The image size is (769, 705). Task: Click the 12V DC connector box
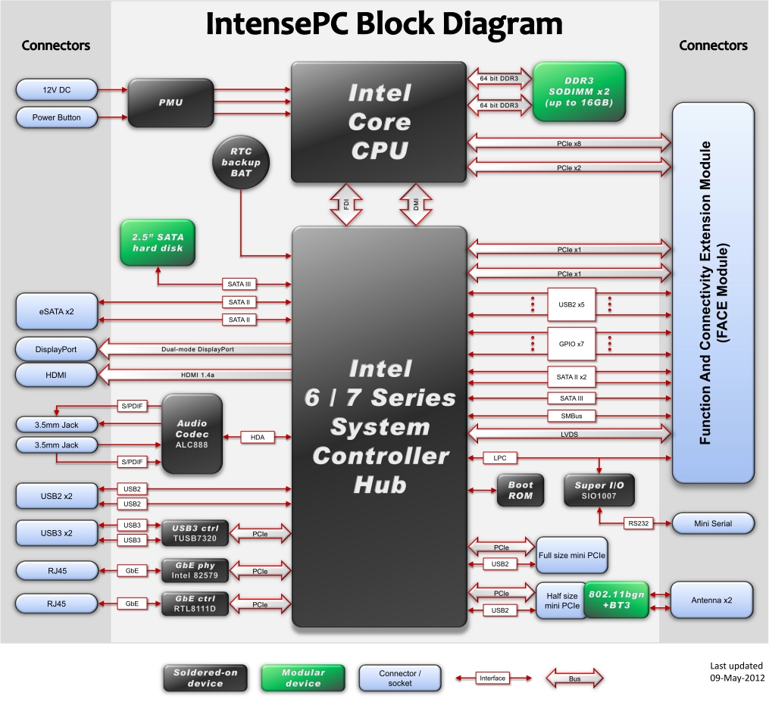click(x=57, y=91)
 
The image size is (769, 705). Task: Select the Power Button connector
click(x=57, y=117)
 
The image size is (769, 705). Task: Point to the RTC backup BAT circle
click(x=241, y=162)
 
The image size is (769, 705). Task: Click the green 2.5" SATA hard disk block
click(x=158, y=242)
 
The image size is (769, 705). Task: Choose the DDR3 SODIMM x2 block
click(x=579, y=92)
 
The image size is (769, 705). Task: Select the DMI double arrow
click(x=415, y=204)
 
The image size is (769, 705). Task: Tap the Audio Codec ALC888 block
click(x=192, y=434)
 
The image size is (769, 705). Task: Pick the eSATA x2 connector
click(x=57, y=310)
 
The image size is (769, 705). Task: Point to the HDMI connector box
click(x=57, y=374)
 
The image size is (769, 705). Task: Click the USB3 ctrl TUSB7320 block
click(x=194, y=532)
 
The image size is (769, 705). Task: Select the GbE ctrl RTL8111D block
click(x=194, y=604)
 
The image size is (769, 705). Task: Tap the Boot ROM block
click(x=520, y=490)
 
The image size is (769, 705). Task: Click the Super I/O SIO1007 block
click(x=599, y=490)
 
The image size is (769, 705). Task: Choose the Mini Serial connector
click(x=713, y=523)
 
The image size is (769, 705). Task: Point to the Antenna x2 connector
click(x=712, y=600)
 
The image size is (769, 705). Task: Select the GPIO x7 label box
click(x=571, y=344)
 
